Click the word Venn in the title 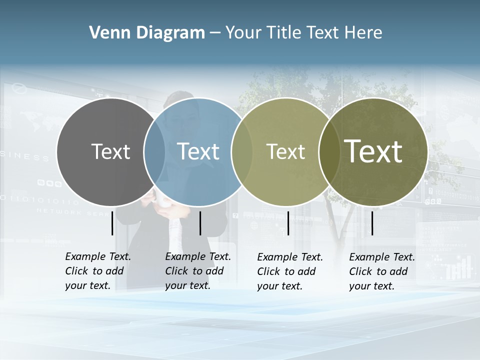pyautogui.click(x=106, y=33)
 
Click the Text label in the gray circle pyautogui.click(x=110, y=151)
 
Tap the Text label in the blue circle pyautogui.click(x=198, y=151)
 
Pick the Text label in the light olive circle pyautogui.click(x=285, y=152)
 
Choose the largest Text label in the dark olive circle pyautogui.click(x=373, y=151)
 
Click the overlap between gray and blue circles pyautogui.click(x=154, y=152)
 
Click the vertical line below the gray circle pyautogui.click(x=112, y=223)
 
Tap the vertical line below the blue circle pyautogui.click(x=200, y=223)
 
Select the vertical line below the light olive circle pyautogui.click(x=288, y=223)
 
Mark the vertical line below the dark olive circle pyautogui.click(x=372, y=223)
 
